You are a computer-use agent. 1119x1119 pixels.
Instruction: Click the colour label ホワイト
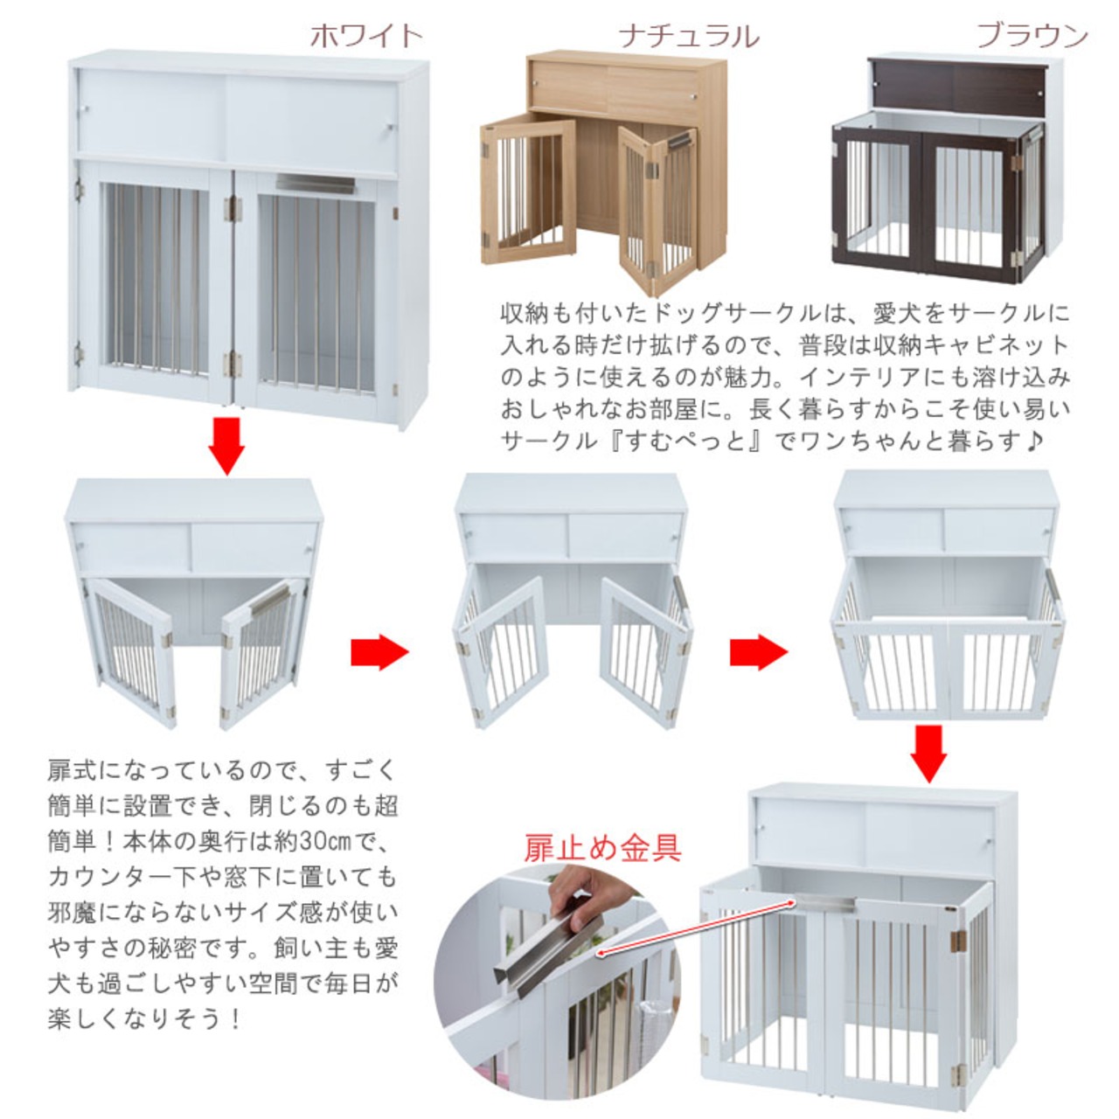tap(366, 35)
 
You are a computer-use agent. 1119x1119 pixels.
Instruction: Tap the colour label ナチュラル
tap(689, 36)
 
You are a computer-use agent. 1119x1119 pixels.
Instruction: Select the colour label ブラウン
tap(1032, 35)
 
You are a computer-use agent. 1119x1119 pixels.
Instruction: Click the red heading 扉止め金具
tap(602, 847)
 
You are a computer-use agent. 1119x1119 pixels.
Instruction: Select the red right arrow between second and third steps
tap(758, 651)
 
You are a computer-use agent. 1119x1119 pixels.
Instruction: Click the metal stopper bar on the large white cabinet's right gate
tap(316, 184)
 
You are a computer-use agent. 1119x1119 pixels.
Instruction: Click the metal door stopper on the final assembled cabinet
tap(826, 900)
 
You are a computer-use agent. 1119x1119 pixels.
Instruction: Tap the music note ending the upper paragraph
tap(1032, 441)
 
